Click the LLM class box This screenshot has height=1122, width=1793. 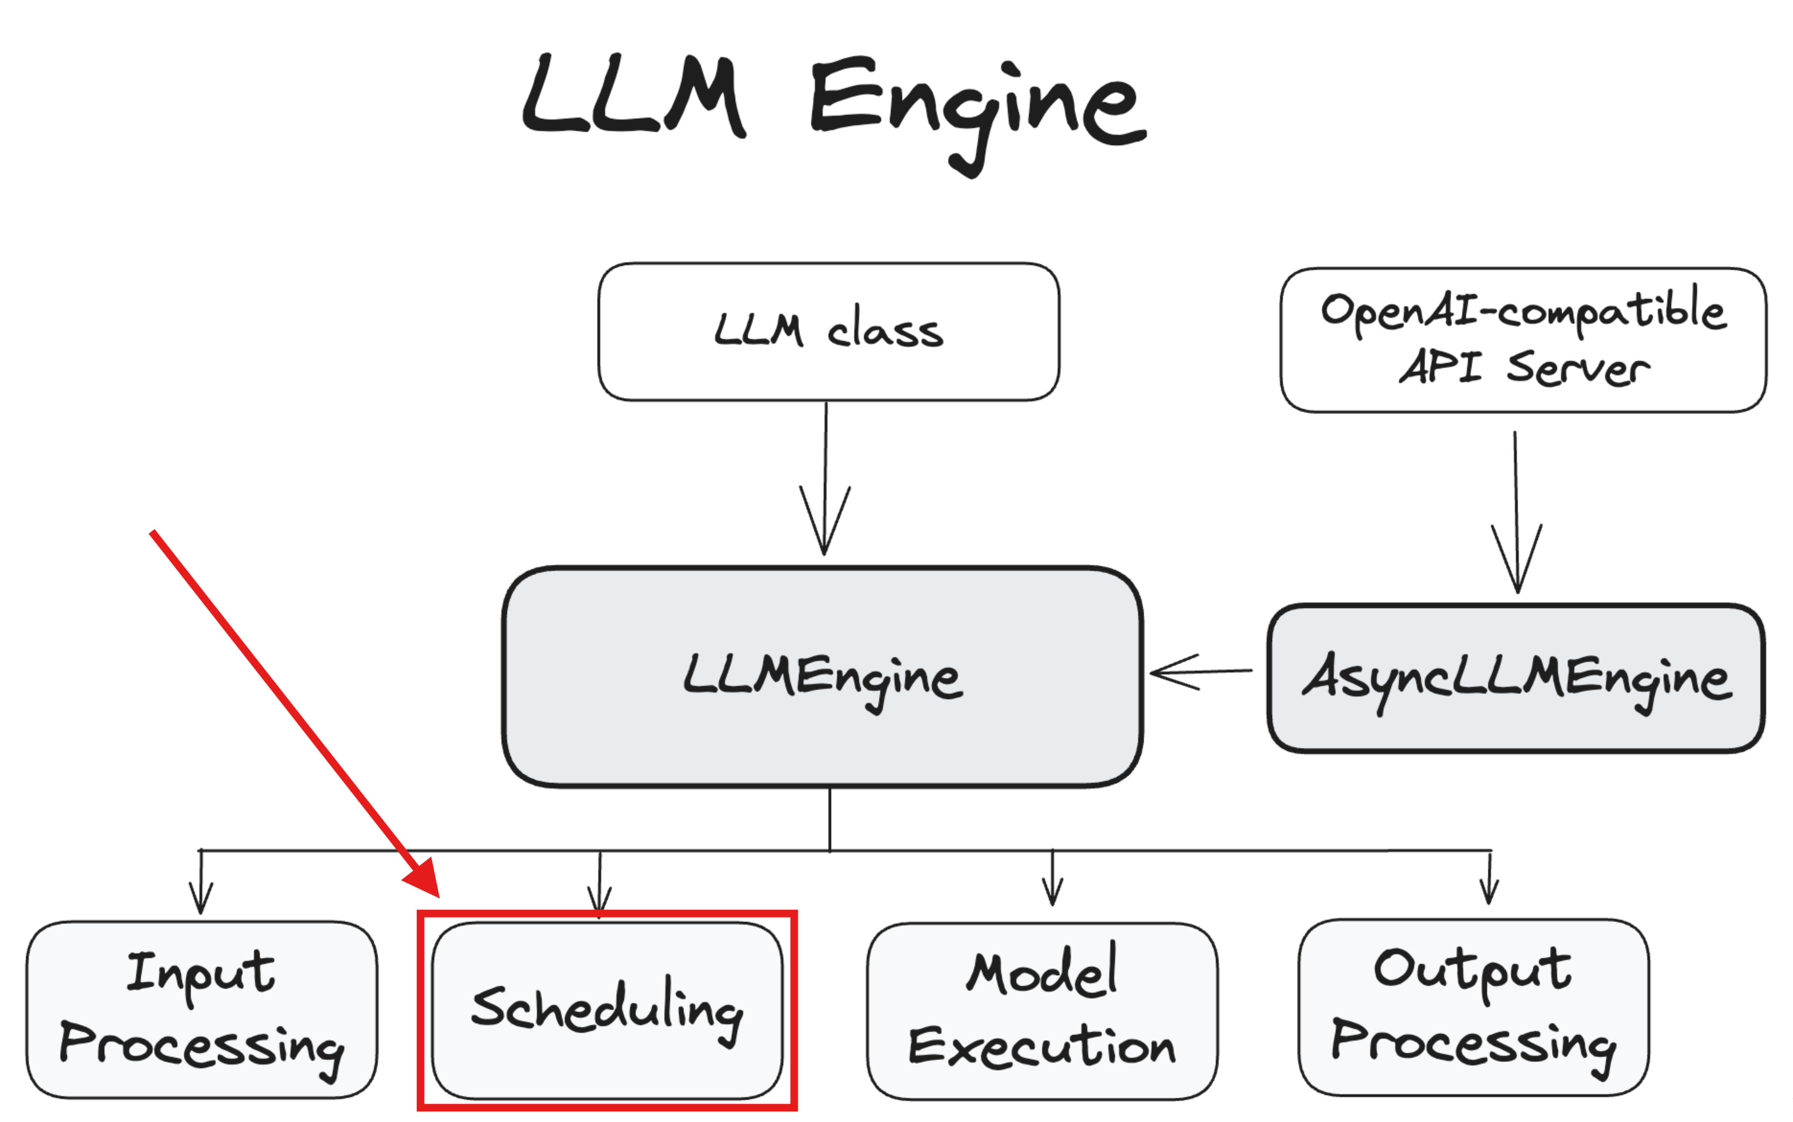pyautogui.click(x=828, y=331)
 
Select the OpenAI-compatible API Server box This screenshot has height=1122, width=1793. pyautogui.click(x=1523, y=340)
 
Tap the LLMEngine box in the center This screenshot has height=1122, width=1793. pyautogui.click(x=822, y=677)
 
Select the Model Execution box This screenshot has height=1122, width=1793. pyautogui.click(x=1042, y=1011)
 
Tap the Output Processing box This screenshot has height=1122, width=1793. pyautogui.click(x=1473, y=1007)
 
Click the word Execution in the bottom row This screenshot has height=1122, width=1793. pyautogui.click(x=1042, y=1047)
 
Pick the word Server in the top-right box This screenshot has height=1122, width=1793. pyautogui.click(x=1578, y=368)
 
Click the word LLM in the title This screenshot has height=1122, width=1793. pyautogui.click(x=635, y=96)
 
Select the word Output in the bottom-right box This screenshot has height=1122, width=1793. pyautogui.click(x=1472, y=971)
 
